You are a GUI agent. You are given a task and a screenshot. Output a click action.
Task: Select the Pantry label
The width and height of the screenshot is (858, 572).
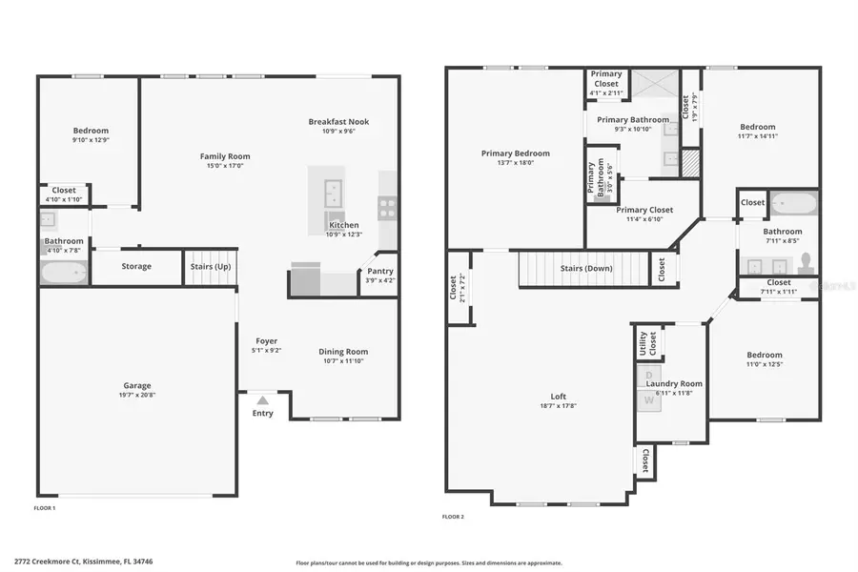coord(378,271)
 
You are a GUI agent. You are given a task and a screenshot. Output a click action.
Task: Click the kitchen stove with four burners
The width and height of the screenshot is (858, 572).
coord(387,209)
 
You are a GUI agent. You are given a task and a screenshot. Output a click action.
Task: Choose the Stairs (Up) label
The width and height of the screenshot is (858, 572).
coord(209,266)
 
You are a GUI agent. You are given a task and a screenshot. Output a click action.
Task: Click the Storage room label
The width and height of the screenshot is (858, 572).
coord(136,266)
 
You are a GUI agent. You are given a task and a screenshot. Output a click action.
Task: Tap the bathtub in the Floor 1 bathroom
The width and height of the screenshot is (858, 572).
coord(64,274)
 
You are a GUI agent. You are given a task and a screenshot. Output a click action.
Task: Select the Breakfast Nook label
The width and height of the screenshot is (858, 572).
coord(338,121)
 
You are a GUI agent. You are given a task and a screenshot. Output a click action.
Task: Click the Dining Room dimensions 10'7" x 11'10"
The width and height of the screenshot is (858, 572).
coord(343,361)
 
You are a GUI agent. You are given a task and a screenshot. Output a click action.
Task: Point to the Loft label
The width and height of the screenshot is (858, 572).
coord(559,396)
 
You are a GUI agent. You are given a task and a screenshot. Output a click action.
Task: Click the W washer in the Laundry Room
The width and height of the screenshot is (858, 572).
coord(650,401)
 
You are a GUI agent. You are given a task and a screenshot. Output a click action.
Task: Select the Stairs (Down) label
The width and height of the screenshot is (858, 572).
coord(585,268)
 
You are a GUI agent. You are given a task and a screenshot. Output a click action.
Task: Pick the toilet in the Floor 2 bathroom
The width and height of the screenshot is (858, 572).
coord(806,259)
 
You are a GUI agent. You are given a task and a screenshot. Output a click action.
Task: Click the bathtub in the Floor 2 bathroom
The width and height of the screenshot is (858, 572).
coord(793,203)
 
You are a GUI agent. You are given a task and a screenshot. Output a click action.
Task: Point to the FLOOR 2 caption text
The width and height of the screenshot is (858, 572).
coord(453,517)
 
